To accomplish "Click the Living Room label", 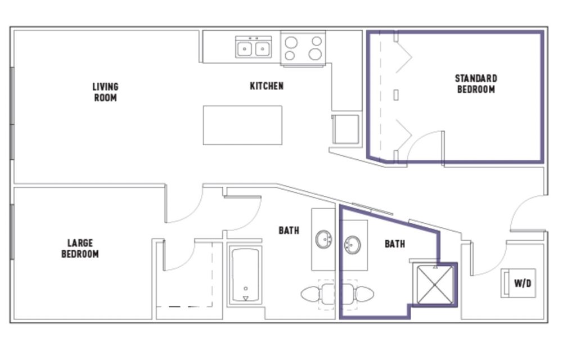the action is [x=105, y=92].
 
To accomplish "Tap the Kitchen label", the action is [x=267, y=86].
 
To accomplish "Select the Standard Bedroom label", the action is [x=476, y=84].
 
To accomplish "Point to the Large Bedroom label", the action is [x=80, y=248].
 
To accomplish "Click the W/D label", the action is [x=523, y=283].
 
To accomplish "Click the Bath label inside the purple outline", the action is [x=395, y=244].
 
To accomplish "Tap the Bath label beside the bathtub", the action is [x=289, y=230].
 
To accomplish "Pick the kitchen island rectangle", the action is [x=243, y=125].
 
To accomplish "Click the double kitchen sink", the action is [x=254, y=47].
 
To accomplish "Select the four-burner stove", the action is [x=303, y=48].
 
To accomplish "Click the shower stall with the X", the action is [x=435, y=285].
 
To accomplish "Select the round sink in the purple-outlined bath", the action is [x=352, y=245].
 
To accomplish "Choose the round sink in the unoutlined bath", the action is [x=323, y=240].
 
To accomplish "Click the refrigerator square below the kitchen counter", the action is [x=345, y=129].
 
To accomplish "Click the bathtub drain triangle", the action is [x=246, y=298].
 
